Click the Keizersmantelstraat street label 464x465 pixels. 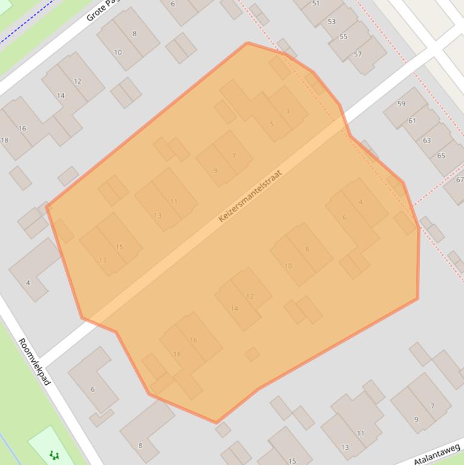[250, 196]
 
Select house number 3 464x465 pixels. [287, 111]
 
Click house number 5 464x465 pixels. [272, 124]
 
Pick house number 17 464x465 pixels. [103, 261]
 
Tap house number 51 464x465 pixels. [316, 4]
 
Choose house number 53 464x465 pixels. [331, 22]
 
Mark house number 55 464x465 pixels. [343, 37]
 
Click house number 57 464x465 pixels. [358, 54]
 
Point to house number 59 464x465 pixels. [401, 104]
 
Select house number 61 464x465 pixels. [412, 121]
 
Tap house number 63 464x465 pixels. [427, 141]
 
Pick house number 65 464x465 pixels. [441, 156]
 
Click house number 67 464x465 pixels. [460, 180]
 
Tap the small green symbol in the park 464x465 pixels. [54, 455]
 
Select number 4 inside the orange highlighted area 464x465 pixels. [361, 202]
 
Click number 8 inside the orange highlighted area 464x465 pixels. [307, 249]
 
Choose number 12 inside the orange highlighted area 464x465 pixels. [250, 296]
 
